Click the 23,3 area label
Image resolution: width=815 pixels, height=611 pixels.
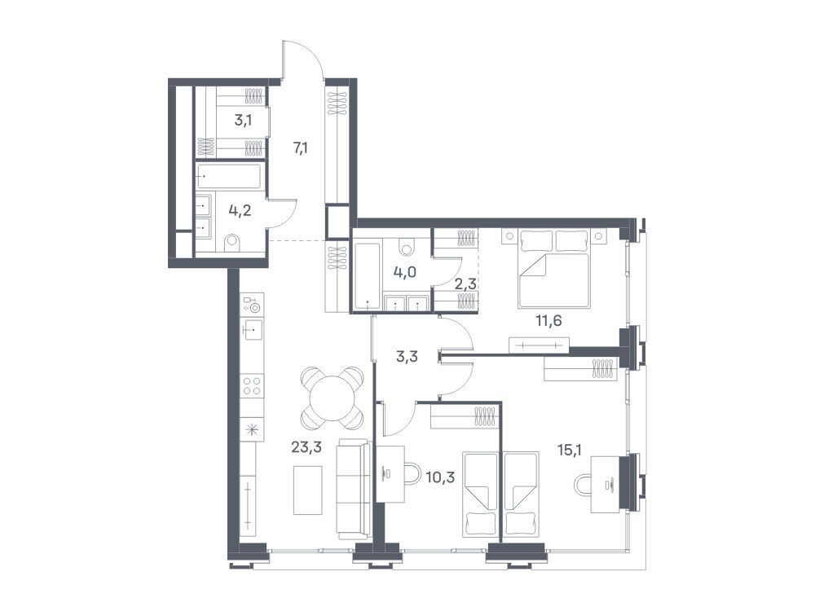306,446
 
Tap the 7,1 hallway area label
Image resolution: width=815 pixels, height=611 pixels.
301,148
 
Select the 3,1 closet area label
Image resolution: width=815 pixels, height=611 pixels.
243,121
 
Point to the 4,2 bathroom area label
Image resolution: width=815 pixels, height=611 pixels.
240,211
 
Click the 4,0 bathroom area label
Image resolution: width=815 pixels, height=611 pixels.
405,271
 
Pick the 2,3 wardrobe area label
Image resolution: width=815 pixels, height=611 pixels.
465,284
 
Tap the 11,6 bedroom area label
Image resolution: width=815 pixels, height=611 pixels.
548,320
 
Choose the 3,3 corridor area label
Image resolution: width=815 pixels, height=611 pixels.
407,357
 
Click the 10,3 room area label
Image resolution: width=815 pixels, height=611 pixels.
440,477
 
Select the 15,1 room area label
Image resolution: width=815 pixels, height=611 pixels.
569,450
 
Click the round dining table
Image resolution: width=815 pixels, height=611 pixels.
332,398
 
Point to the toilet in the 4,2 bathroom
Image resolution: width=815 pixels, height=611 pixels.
233,243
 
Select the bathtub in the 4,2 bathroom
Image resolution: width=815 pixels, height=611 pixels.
229,177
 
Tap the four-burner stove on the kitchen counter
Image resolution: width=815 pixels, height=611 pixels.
252,386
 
